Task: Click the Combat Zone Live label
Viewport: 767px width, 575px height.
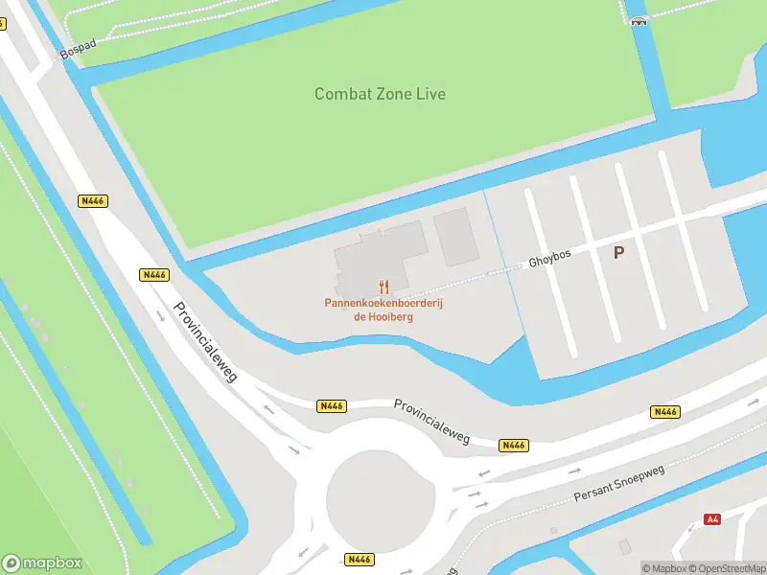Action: coord(380,94)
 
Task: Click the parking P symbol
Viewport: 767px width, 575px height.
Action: coord(618,253)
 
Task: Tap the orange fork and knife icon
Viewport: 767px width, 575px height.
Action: coord(383,287)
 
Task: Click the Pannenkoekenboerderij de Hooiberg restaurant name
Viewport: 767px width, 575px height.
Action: coord(383,310)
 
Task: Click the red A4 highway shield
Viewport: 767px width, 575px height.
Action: coord(711,519)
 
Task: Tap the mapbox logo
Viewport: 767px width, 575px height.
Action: coord(42,563)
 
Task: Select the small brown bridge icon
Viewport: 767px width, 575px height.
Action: coord(638,21)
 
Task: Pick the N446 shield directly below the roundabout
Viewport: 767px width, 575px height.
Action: coord(360,560)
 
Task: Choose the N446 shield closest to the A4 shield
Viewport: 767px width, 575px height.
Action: coord(664,412)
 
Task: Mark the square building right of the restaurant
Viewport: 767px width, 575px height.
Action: coord(455,237)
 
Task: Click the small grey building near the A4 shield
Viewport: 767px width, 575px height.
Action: coord(625,545)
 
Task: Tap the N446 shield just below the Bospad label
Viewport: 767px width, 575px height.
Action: coord(93,201)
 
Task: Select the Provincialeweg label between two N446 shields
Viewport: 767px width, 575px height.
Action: coord(431,421)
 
